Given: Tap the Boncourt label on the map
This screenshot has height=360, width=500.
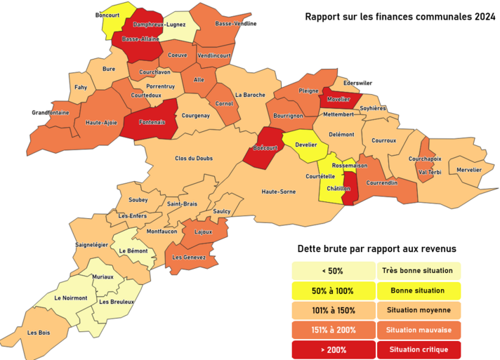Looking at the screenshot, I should tap(107, 15).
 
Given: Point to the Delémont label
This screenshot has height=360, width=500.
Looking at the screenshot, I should tap(342, 133).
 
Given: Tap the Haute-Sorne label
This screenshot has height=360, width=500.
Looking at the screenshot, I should tap(278, 191).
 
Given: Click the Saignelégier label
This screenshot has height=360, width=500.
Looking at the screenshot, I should tap(92, 245).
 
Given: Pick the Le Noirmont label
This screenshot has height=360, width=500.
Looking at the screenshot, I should tap(70, 298).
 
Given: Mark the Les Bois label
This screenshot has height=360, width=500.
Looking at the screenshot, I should tap(38, 332).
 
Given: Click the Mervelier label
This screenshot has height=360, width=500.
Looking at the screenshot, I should tap(469, 170).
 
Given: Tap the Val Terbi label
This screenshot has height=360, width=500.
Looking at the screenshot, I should tap(429, 172).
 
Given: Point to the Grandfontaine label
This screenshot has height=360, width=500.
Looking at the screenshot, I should tap(51, 112).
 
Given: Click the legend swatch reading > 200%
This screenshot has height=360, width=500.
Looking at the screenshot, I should tap(334, 349).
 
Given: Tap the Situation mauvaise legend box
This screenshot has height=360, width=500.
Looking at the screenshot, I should tap(419, 329).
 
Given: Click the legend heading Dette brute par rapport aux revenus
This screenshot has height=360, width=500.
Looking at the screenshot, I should tap(377, 248).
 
